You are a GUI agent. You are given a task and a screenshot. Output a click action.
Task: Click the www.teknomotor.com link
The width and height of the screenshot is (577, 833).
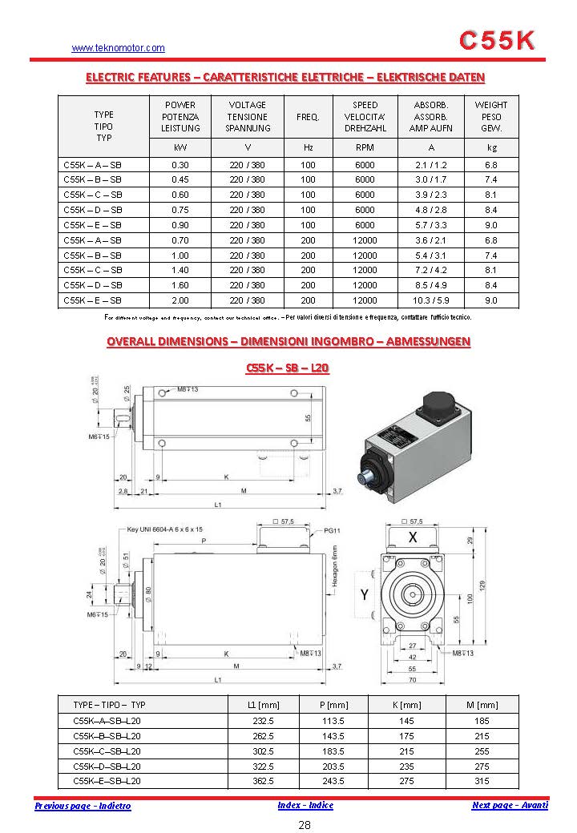pos(119,48)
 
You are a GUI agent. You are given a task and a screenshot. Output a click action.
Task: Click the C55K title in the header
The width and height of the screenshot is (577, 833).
pos(497,41)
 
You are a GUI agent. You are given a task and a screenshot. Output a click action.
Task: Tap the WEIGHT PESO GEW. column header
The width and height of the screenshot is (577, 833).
pos(491,116)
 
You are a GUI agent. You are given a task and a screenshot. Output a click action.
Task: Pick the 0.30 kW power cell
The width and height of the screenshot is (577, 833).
pos(180,164)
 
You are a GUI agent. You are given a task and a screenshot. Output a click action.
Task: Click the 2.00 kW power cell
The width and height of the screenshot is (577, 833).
pos(180,300)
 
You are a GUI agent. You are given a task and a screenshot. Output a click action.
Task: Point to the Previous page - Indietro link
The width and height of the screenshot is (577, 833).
pos(83,806)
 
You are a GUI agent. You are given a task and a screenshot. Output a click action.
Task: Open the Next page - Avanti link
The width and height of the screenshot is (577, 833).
pos(510,805)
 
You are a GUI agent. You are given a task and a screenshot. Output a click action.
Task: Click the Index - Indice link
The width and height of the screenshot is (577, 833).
pos(305,805)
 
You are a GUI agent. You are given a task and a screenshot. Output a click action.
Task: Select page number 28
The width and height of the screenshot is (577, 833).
pos(305,826)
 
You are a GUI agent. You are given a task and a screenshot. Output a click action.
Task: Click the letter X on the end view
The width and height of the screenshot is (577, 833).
pos(413,537)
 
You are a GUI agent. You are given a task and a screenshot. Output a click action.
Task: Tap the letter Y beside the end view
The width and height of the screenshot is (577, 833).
pos(365,594)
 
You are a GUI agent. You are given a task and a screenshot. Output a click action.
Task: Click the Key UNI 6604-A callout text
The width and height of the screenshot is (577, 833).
pos(165,529)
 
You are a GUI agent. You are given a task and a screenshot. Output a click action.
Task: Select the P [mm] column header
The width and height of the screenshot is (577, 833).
pos(333,705)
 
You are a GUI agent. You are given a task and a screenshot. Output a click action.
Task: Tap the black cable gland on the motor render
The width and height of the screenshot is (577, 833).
pos(440,404)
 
